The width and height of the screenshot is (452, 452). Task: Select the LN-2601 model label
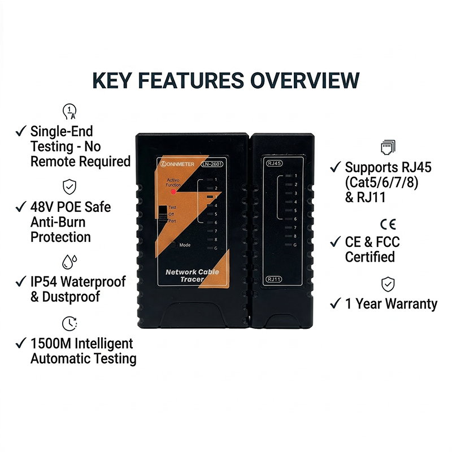click(x=212, y=164)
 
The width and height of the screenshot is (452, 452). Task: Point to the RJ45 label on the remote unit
click(x=274, y=164)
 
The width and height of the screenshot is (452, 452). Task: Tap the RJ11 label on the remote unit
click(x=273, y=279)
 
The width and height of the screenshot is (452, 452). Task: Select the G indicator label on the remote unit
click(x=295, y=245)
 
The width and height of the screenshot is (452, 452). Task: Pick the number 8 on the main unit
click(x=216, y=240)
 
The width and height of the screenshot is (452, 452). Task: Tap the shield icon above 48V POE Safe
click(x=68, y=185)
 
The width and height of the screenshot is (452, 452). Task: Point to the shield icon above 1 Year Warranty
click(x=388, y=283)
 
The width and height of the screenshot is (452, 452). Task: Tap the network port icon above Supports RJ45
click(x=388, y=147)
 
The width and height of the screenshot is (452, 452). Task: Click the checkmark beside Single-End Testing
click(x=21, y=131)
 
